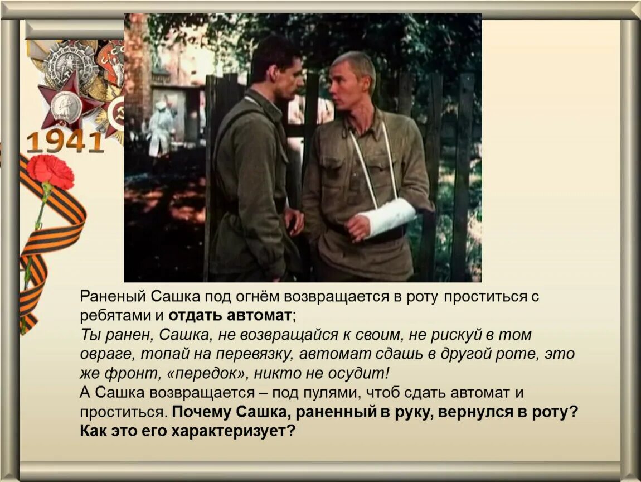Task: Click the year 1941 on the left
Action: (x=65, y=142)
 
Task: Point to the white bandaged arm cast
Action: (x=387, y=217)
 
